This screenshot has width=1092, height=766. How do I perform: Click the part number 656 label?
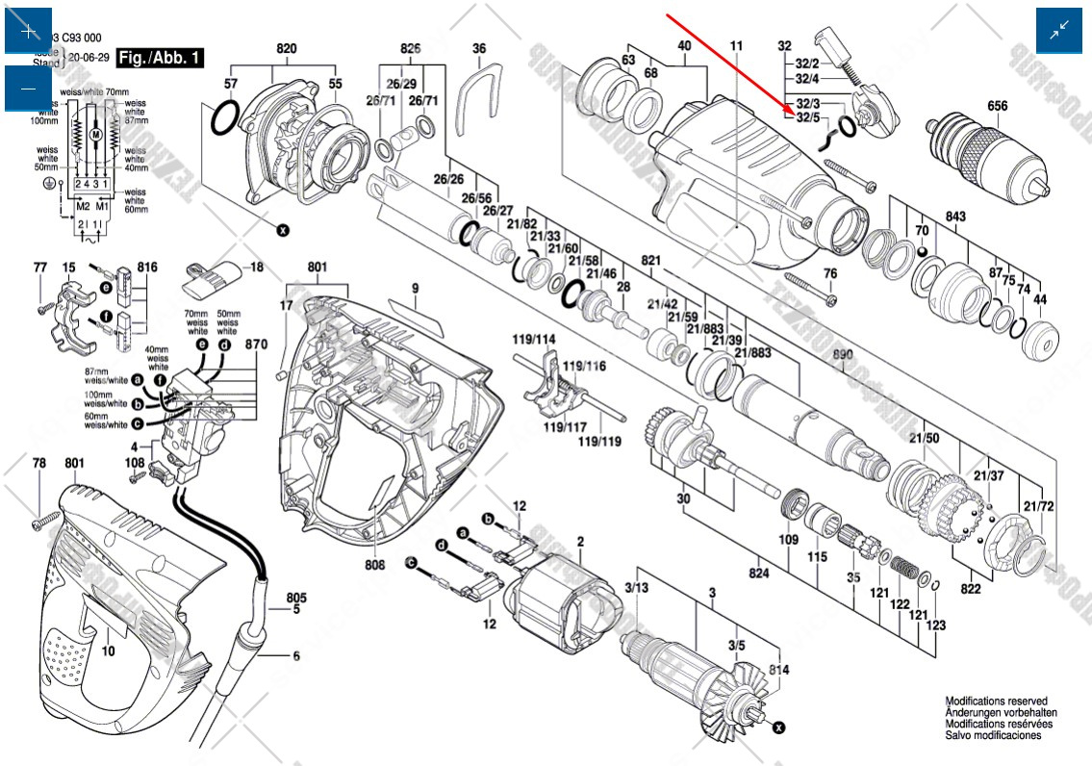tap(997, 106)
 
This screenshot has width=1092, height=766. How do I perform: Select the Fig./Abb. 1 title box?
tap(160, 58)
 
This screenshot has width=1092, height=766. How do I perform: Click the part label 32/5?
tap(807, 117)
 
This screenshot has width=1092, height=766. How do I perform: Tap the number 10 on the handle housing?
tap(108, 651)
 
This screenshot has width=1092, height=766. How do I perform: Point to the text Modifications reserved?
tap(996, 702)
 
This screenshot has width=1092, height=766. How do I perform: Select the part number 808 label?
tap(374, 565)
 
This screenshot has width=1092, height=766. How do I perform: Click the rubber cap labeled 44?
tap(1041, 340)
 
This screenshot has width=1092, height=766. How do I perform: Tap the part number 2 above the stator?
tap(580, 543)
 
